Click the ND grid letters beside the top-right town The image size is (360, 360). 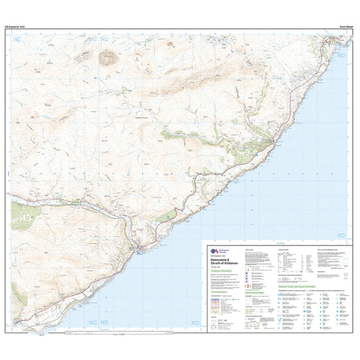pos(340,58)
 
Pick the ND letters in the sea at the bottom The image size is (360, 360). pos(195,323)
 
